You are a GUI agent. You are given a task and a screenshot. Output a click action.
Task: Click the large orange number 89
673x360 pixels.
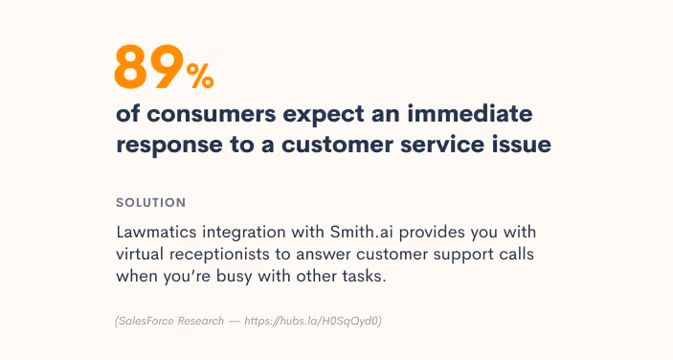[x=148, y=67]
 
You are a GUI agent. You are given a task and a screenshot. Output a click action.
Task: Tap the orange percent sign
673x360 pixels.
[x=200, y=73]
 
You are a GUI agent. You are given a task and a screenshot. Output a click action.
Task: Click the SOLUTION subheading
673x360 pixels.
[x=150, y=203]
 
